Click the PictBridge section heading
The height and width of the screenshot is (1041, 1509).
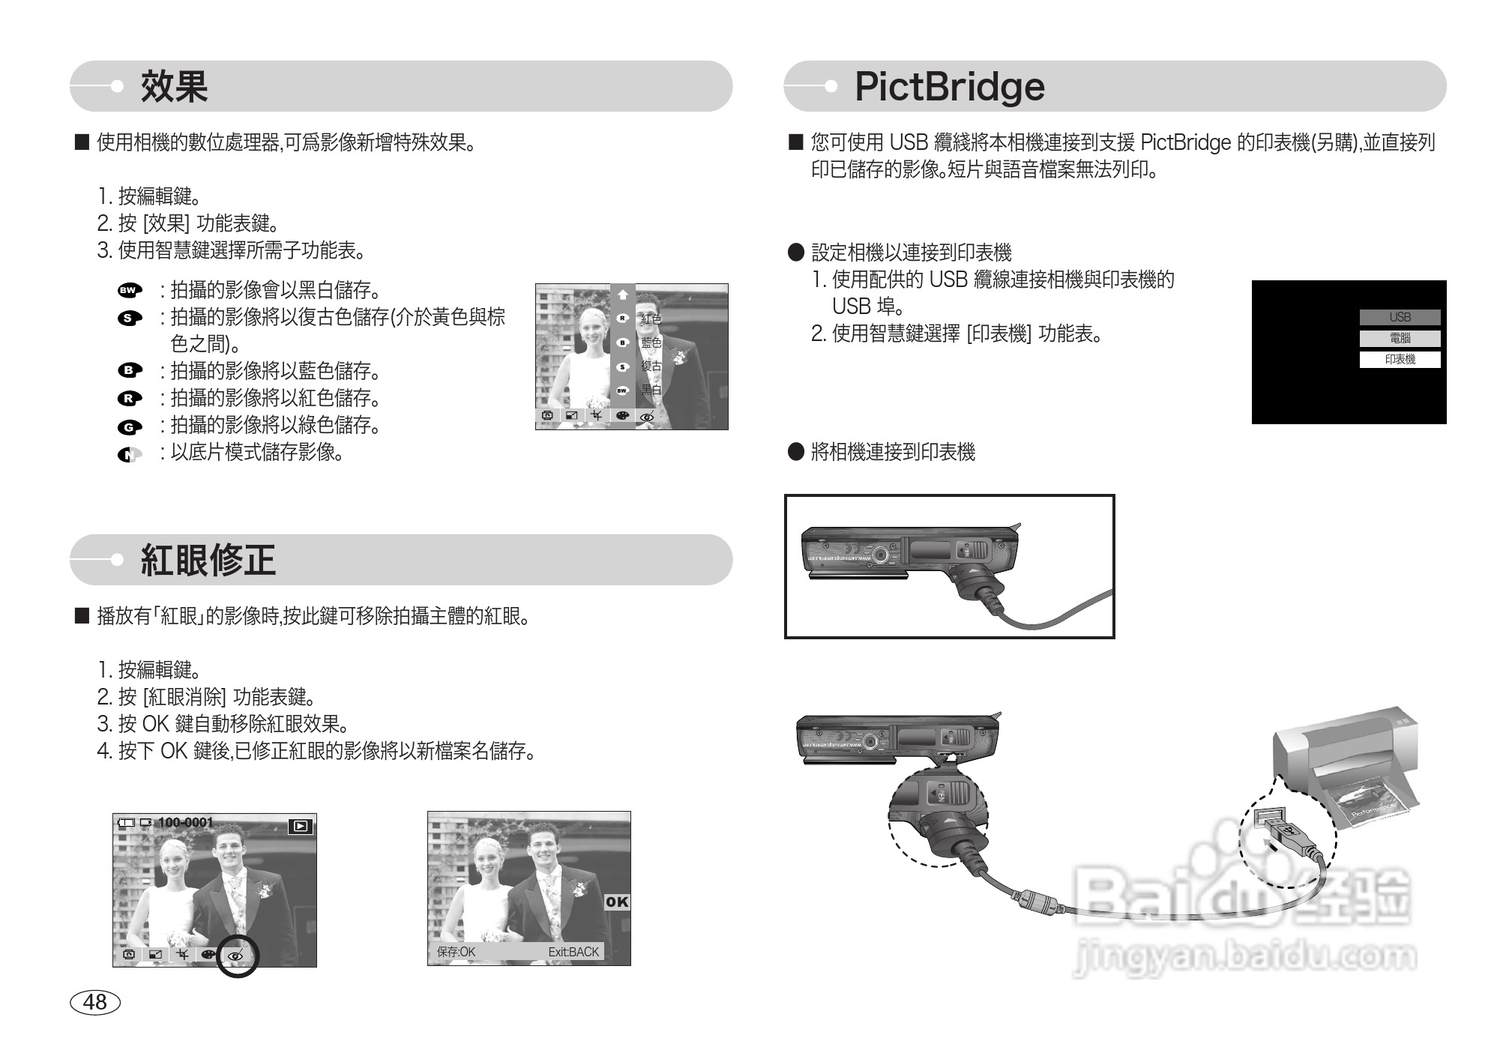(x=949, y=86)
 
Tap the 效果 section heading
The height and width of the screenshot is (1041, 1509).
(x=174, y=86)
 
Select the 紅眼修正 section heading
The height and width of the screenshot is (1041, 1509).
(x=208, y=560)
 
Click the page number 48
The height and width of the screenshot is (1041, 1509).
(x=95, y=1002)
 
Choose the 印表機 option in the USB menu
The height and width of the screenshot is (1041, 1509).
(x=1400, y=360)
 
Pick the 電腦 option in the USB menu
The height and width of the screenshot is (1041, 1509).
(x=1400, y=339)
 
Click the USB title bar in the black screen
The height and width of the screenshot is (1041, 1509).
(x=1400, y=318)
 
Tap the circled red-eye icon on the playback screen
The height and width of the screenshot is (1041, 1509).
(x=237, y=956)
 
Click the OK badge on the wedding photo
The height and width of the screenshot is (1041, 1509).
(x=617, y=902)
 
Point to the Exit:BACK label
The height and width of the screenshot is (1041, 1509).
(x=573, y=952)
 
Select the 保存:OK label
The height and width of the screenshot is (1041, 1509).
(x=456, y=952)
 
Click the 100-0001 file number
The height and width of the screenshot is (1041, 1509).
(x=185, y=823)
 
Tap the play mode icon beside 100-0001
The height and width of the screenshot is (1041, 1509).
(x=300, y=827)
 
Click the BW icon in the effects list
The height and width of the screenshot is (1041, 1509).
(x=129, y=290)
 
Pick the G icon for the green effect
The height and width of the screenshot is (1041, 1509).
(x=129, y=427)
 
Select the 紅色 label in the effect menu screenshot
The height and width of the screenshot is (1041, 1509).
(x=651, y=319)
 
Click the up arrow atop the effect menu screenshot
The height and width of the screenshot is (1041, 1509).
(x=622, y=295)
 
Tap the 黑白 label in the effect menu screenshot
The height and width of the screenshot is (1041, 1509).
(x=651, y=390)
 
